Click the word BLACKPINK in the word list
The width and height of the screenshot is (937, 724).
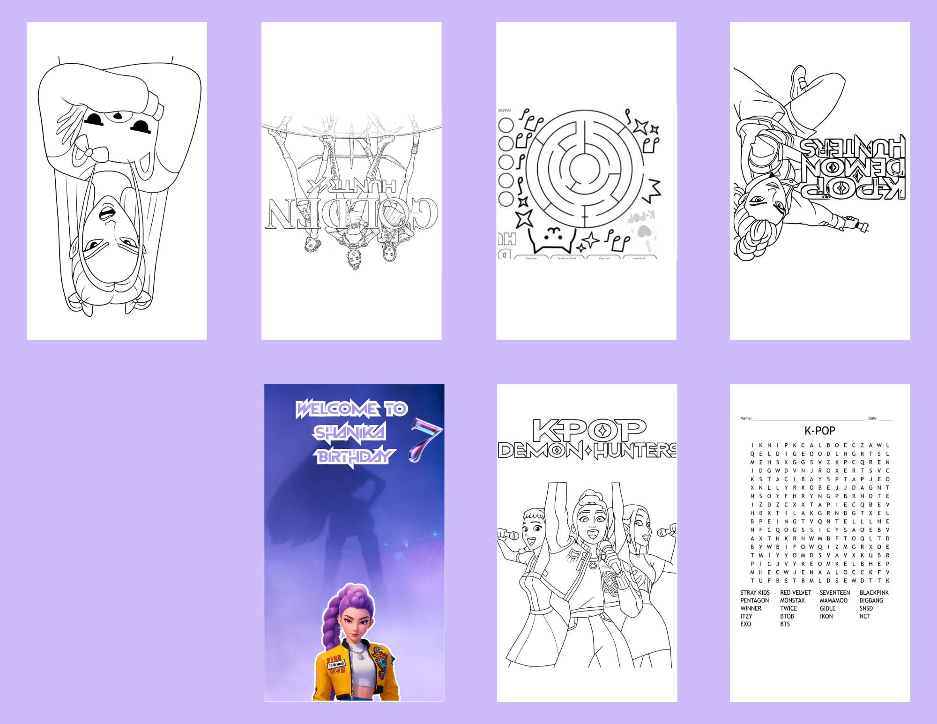(874, 593)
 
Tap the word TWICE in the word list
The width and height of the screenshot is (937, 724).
(788, 608)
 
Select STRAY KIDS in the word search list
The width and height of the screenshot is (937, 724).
(755, 593)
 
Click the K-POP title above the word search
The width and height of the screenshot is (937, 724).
(820, 431)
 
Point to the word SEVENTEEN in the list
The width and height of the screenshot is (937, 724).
(834, 593)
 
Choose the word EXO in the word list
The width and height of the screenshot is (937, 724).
(745, 624)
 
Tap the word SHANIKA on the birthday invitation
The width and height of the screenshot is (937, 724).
(350, 433)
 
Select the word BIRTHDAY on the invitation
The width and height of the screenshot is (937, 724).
(356, 456)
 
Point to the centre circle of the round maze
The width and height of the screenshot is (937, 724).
(584, 167)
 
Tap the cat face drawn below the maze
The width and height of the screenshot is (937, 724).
(553, 237)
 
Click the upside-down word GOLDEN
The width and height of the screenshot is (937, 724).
(351, 213)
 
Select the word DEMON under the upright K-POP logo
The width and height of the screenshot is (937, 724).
(540, 451)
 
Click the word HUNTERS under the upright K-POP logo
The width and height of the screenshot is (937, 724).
(635, 451)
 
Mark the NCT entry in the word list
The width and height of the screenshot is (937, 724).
(865, 616)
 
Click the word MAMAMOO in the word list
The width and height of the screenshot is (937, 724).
(833, 600)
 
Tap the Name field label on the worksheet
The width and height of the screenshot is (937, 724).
(746, 418)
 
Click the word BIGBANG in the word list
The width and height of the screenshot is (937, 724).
(871, 600)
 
